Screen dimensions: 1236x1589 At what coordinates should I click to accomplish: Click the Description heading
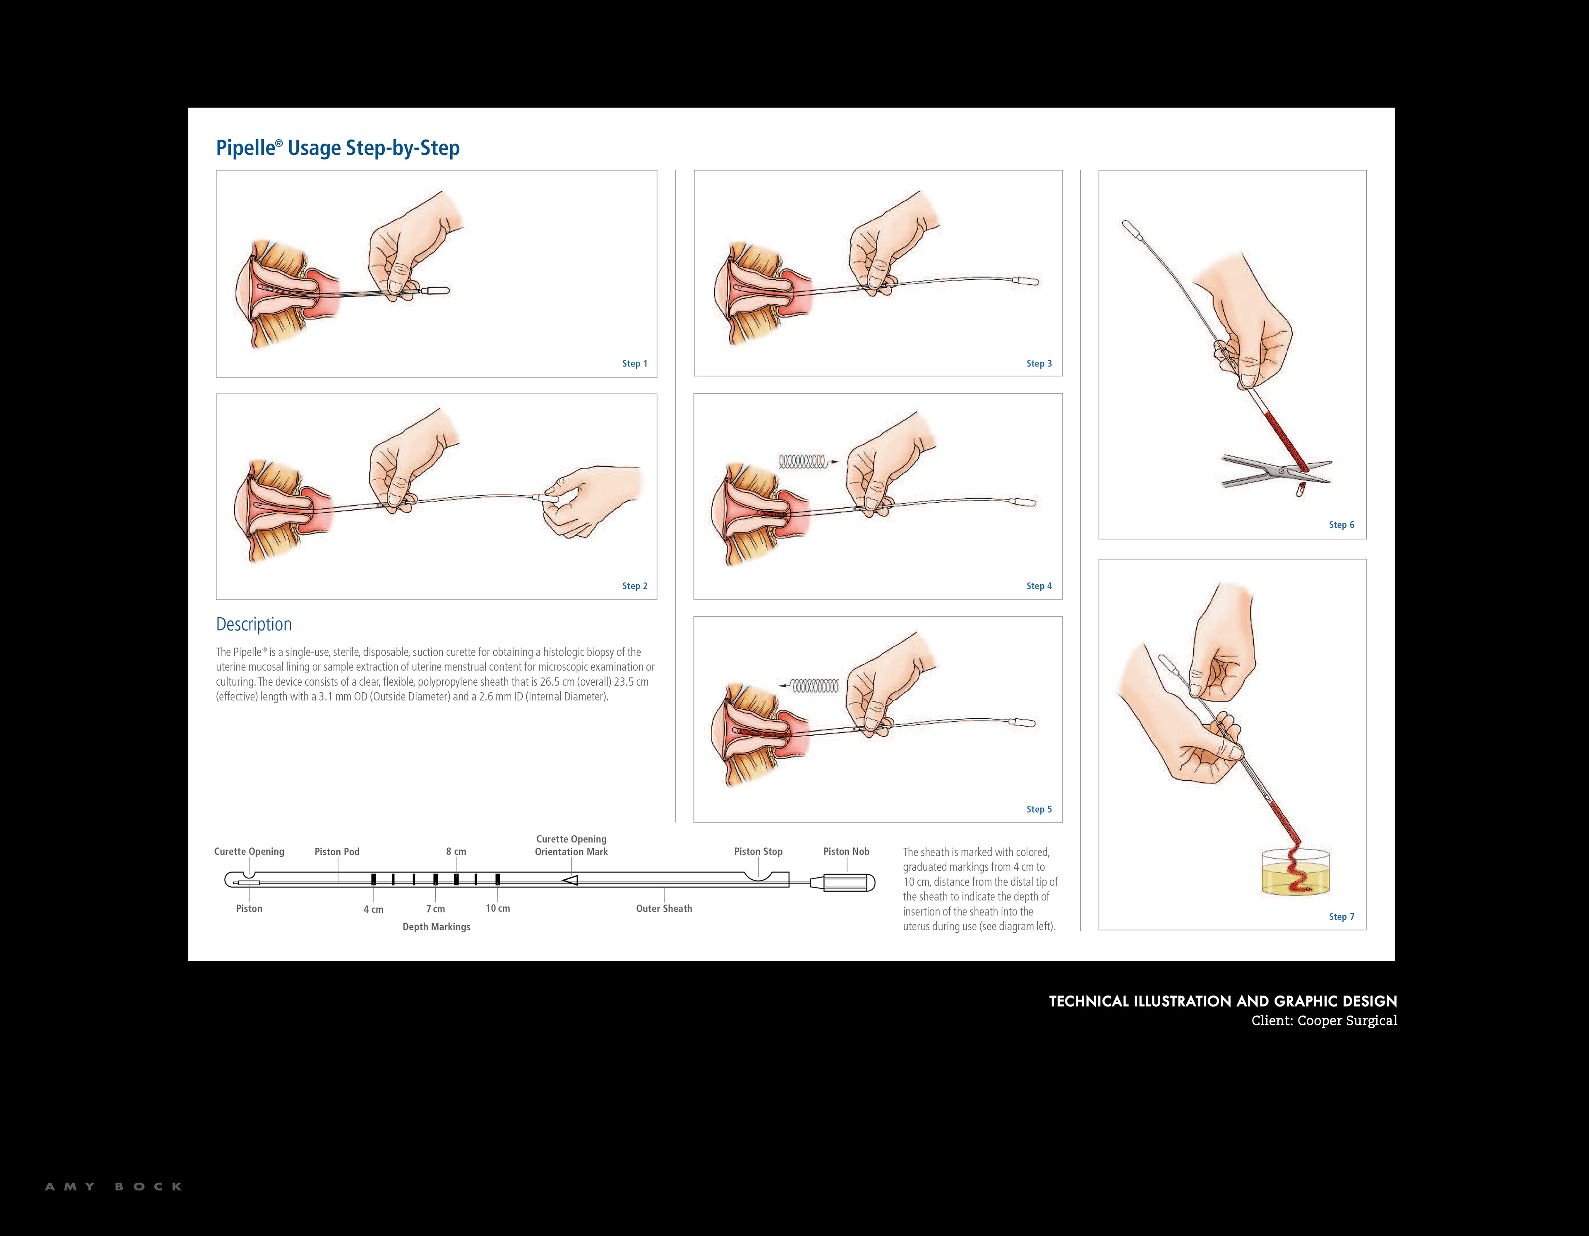254,624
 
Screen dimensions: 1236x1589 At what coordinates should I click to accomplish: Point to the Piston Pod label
337,852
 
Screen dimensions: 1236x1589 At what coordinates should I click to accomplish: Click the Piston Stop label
758,852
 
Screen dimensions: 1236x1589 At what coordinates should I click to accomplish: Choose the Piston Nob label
846,852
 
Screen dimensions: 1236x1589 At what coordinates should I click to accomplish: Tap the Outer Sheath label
664,909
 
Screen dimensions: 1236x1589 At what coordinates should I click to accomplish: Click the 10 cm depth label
498,909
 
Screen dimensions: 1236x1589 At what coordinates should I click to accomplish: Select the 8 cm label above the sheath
456,852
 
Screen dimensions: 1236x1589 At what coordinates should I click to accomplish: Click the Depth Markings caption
437,927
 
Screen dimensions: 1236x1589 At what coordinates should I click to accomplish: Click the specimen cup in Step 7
1295,873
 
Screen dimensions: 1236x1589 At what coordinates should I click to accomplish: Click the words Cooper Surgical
1347,1021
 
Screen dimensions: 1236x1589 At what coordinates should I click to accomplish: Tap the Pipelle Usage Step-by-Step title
338,148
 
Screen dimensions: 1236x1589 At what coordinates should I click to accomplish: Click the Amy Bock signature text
113,1186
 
